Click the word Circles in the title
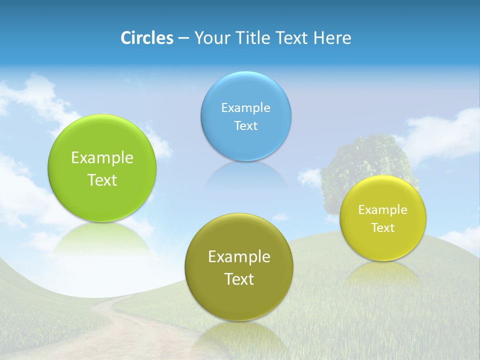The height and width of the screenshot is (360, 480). point(146,38)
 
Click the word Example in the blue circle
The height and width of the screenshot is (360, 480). point(245,107)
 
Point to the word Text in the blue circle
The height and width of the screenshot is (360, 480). point(245,125)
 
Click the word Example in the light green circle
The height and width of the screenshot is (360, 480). point(102,157)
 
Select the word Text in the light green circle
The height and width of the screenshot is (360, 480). point(102,180)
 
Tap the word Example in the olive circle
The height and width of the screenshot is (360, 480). point(239,256)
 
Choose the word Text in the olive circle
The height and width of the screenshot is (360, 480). point(239,279)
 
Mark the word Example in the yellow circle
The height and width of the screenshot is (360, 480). point(382,209)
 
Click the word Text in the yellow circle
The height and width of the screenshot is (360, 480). point(382,227)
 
